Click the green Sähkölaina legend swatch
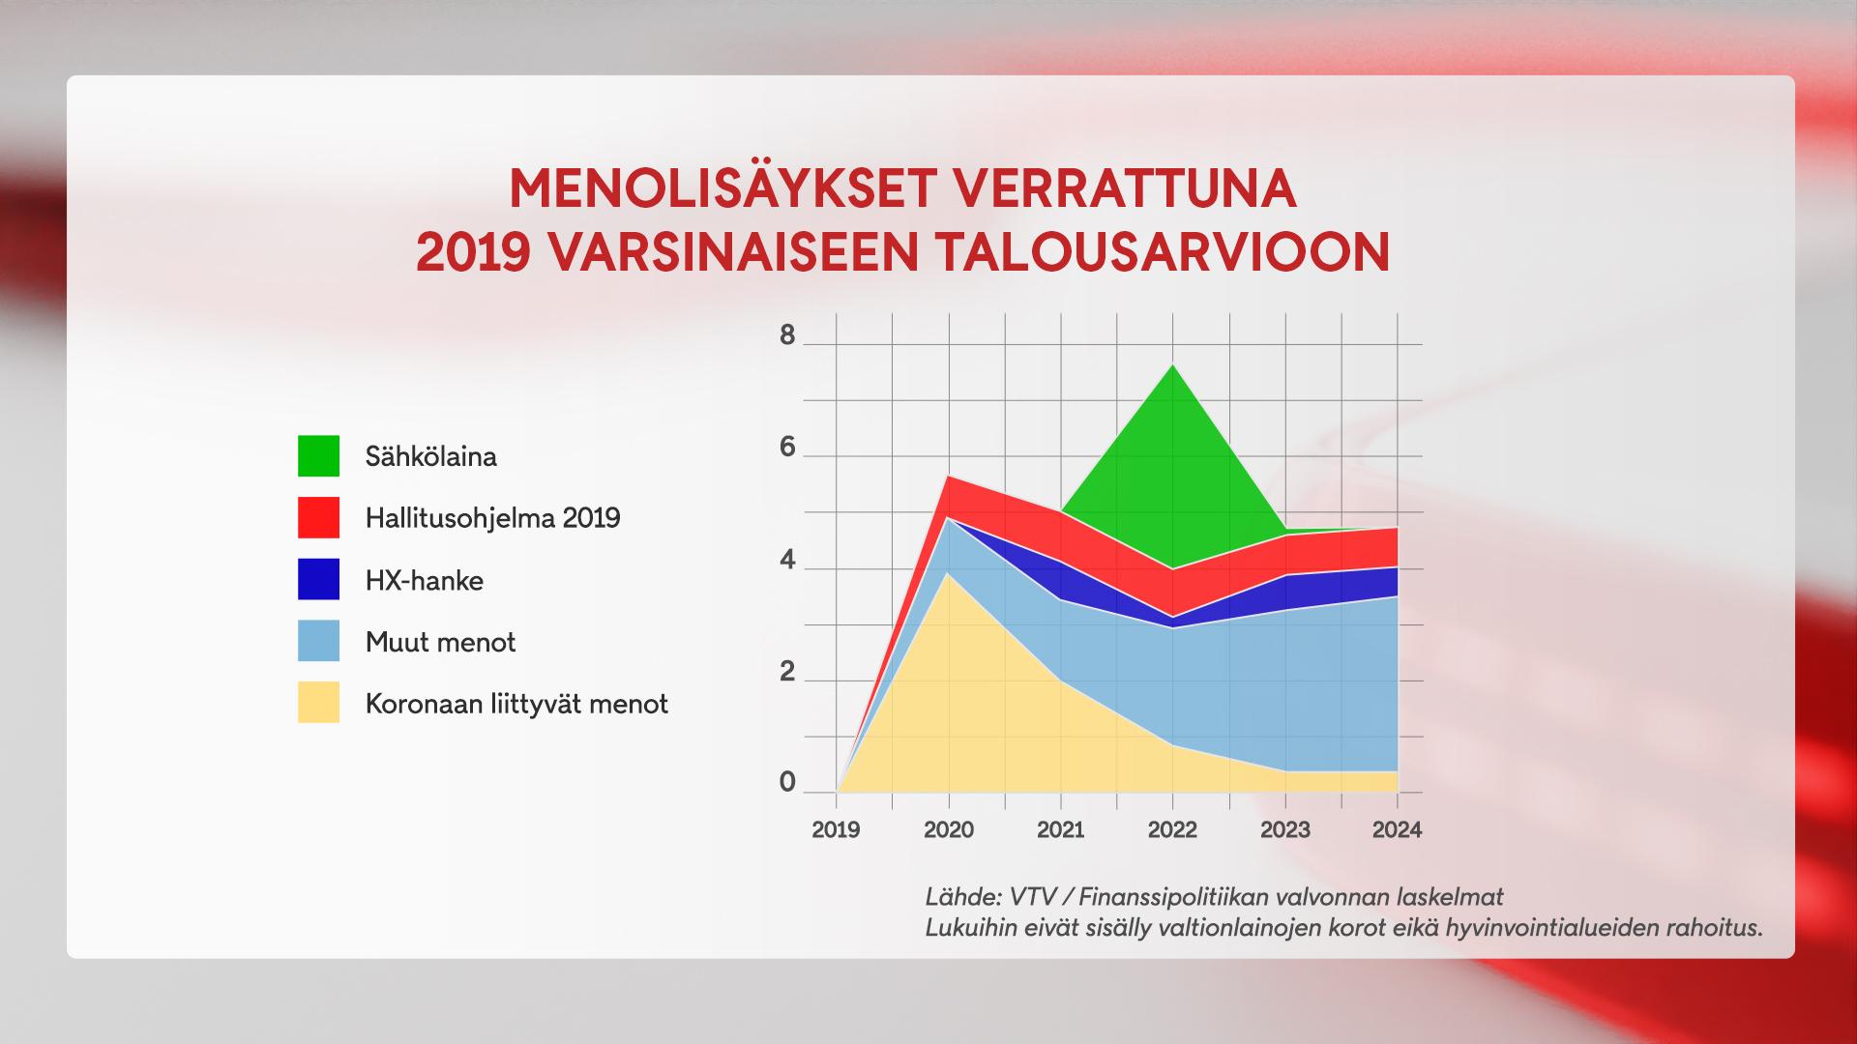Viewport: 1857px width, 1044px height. point(318,455)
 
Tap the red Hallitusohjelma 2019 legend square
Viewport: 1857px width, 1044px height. point(318,517)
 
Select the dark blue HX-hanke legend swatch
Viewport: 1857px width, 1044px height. point(318,579)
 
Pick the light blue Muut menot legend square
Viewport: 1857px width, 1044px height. point(318,641)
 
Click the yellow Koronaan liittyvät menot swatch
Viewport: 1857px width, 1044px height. point(318,703)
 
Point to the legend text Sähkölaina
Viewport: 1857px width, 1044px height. point(431,456)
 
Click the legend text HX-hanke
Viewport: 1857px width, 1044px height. point(425,580)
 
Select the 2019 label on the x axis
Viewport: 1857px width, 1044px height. point(836,829)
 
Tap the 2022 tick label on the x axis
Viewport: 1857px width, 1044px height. point(1172,829)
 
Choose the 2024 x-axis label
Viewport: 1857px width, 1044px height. point(1397,829)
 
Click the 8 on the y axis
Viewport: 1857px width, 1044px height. point(787,335)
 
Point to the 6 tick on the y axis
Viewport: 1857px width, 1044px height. point(787,448)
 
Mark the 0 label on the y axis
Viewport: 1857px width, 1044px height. point(787,782)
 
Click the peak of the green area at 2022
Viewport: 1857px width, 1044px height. point(1173,364)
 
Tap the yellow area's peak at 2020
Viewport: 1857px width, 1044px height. point(949,573)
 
